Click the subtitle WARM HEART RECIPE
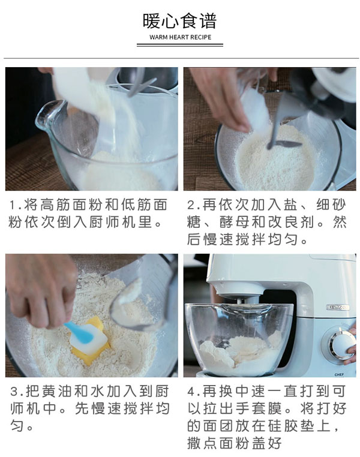179,37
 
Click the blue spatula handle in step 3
77,329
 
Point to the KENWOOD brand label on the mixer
337,307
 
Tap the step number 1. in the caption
16,205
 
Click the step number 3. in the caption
16,392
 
